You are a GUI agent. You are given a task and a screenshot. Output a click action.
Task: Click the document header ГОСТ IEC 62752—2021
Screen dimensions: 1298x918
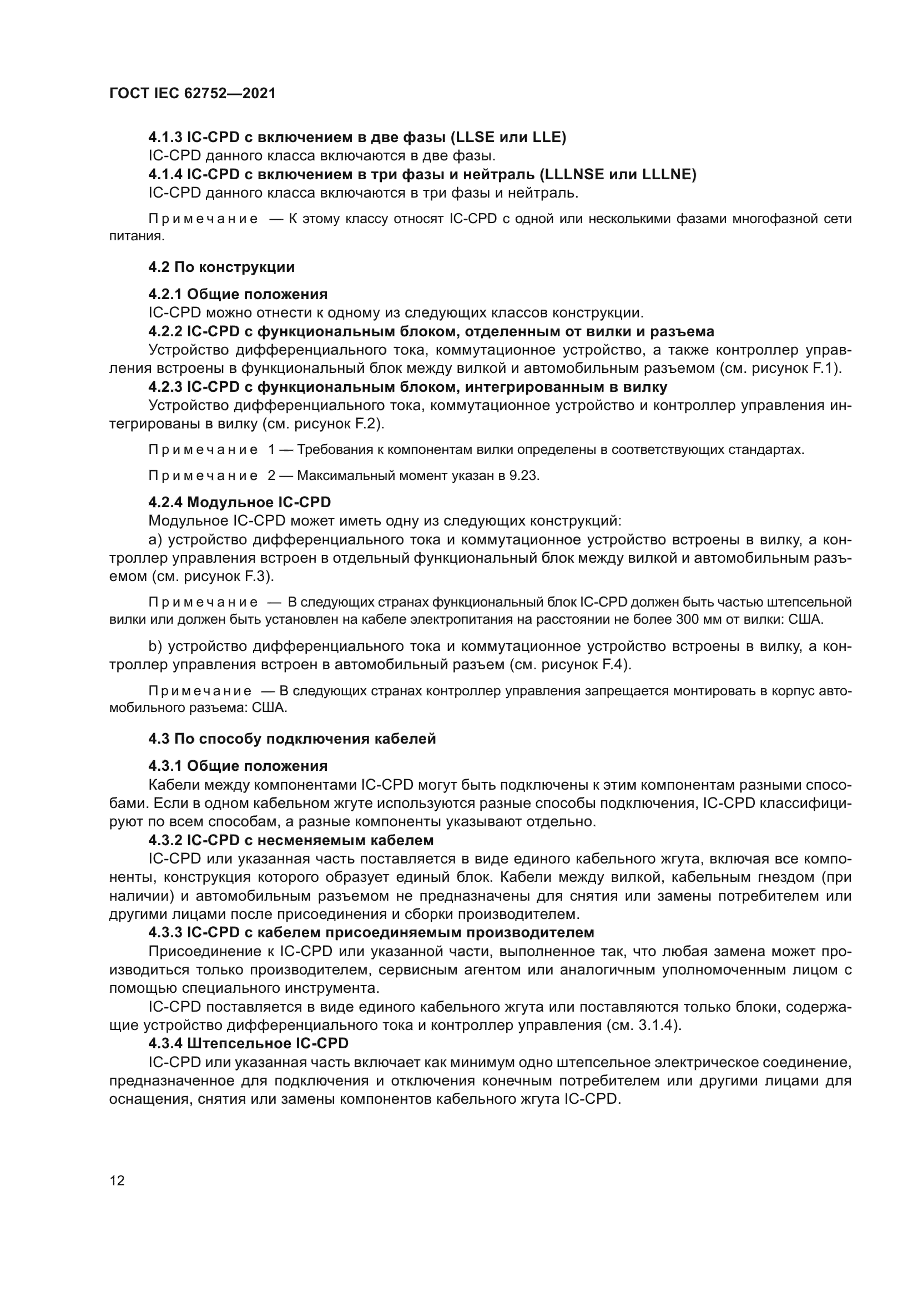coord(192,93)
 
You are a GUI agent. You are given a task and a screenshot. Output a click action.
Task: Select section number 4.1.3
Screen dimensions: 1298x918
coord(165,138)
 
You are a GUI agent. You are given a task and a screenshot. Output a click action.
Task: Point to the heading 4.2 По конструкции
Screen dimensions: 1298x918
coord(221,267)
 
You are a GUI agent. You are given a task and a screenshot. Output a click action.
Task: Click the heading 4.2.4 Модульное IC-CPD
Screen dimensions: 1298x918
coord(240,502)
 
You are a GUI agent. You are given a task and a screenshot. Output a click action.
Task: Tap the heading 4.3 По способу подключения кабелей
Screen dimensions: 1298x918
coord(292,739)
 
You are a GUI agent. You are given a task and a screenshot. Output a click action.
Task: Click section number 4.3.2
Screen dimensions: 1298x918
coord(165,840)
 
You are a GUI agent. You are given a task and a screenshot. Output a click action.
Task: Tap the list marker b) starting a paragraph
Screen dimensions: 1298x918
coord(155,645)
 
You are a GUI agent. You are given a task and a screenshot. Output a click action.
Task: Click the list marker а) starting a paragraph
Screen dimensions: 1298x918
coord(155,540)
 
